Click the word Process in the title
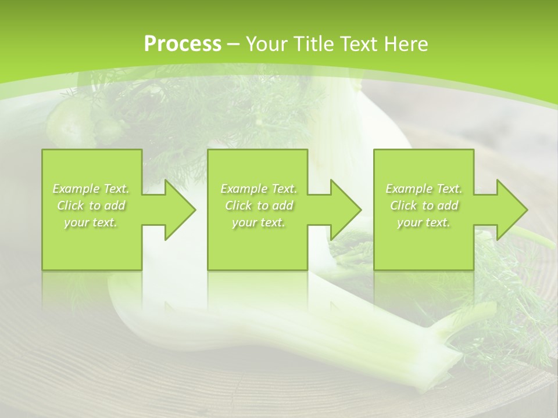point(183,44)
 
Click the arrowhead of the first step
point(179,210)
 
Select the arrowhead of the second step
point(345,210)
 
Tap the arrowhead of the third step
point(511,210)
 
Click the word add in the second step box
point(282,206)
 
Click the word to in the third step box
point(428,206)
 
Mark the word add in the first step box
point(115,206)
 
